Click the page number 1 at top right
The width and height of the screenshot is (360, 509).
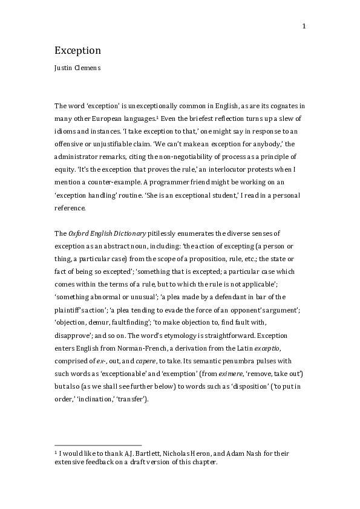(304, 26)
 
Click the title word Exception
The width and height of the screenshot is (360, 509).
(77, 50)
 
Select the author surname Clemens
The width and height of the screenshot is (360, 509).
(88, 68)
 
